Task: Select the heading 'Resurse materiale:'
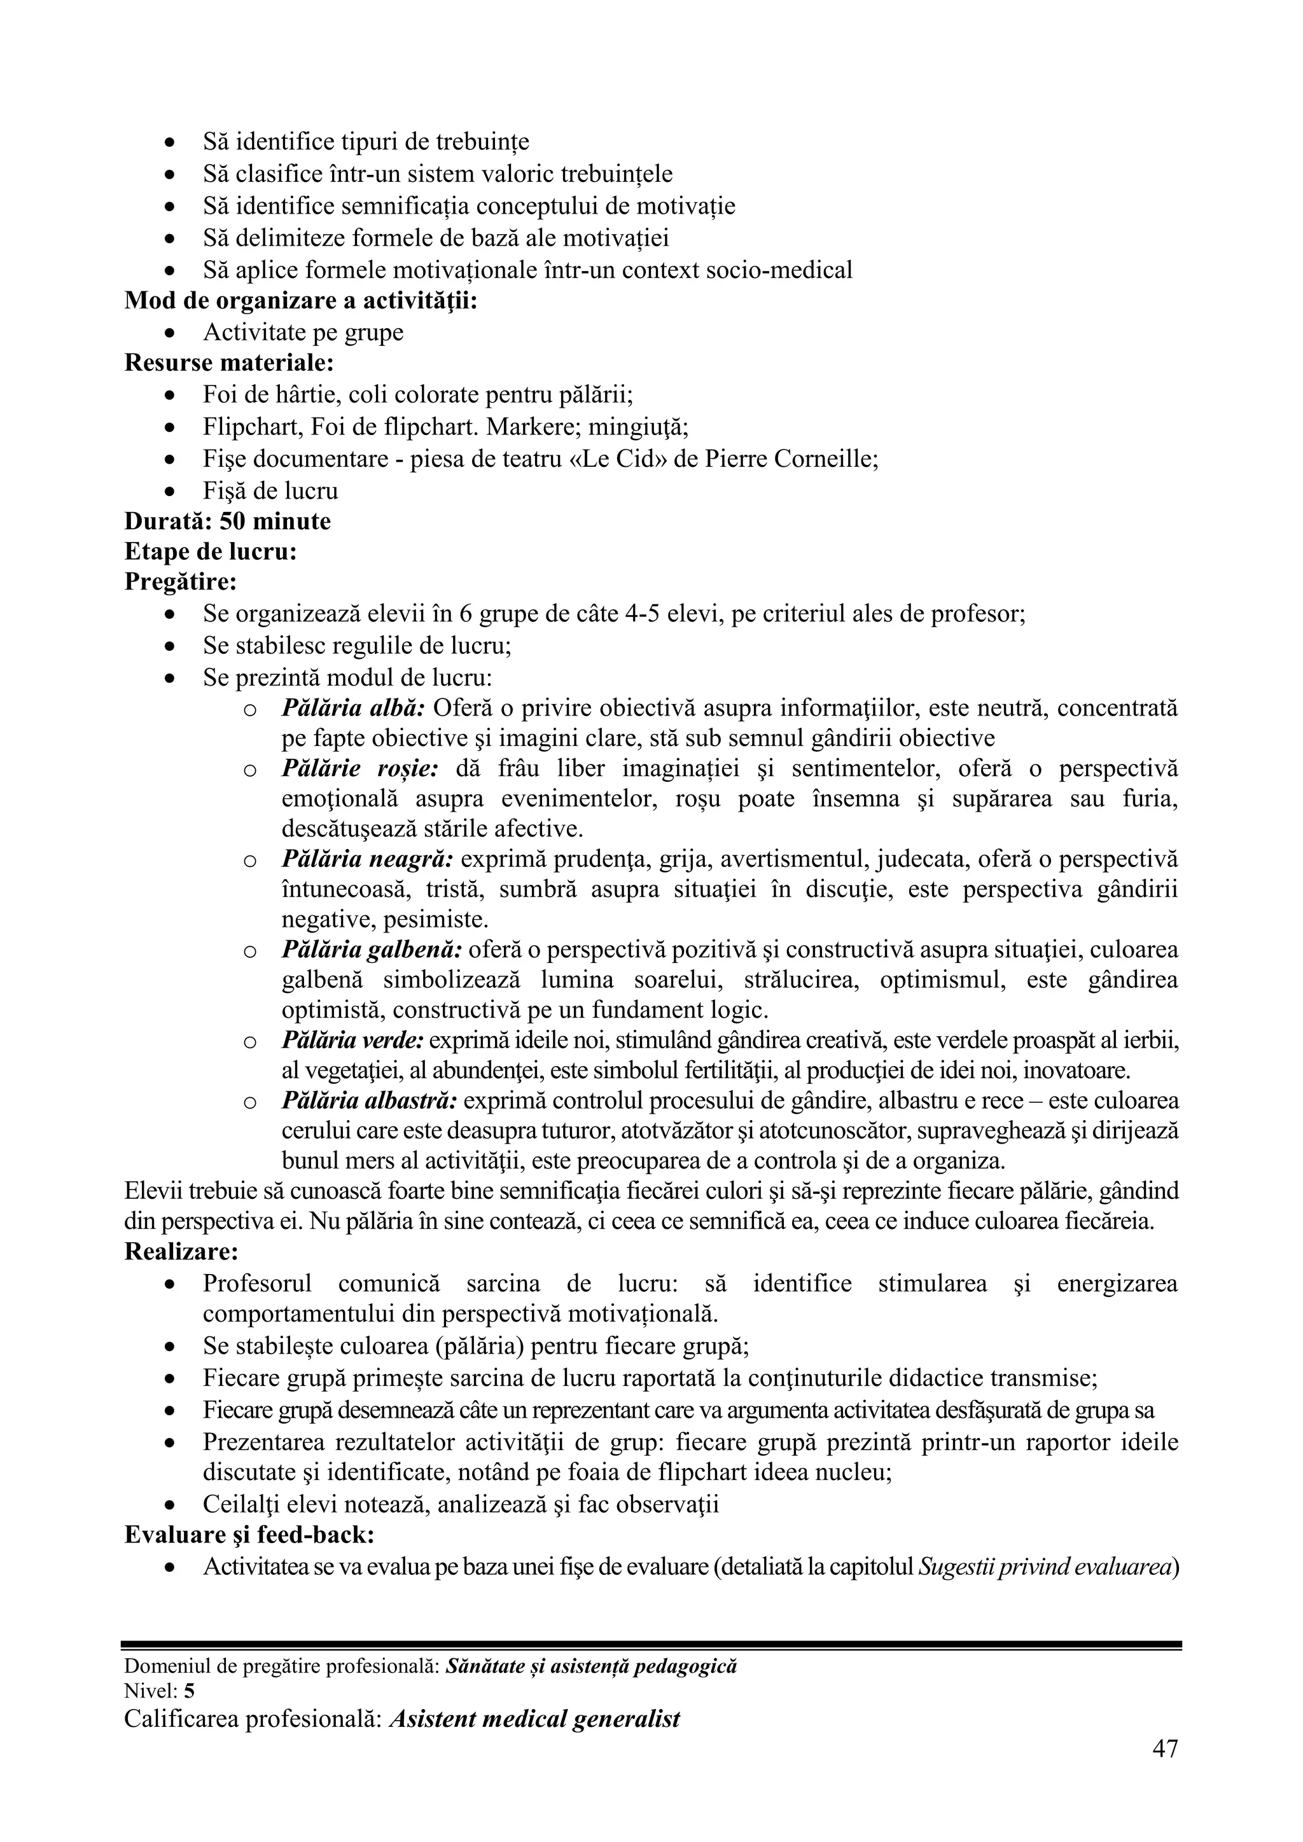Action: [228, 363]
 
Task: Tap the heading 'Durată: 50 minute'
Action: [227, 522]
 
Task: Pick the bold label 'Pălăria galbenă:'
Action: [372, 950]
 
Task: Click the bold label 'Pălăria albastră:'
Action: [369, 1101]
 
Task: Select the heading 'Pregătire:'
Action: [181, 581]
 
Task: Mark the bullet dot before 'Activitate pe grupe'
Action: [169, 332]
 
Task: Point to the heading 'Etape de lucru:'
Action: [210, 552]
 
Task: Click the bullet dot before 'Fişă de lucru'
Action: [169, 491]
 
